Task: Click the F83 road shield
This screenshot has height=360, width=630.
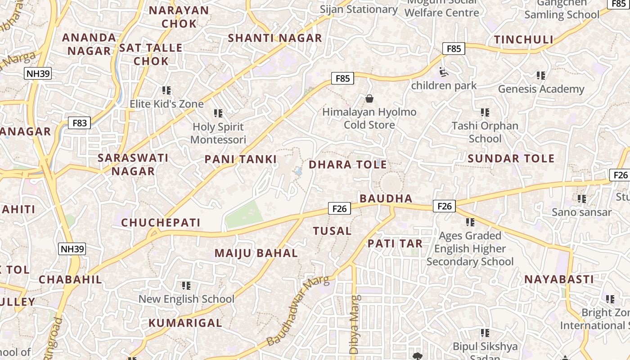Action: tap(79, 122)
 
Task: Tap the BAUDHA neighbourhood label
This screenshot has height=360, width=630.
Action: tap(386, 198)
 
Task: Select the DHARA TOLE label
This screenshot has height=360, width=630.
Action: tap(347, 164)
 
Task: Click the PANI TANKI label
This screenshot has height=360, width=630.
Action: tap(240, 159)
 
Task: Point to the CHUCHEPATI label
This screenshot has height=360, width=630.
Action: tap(161, 222)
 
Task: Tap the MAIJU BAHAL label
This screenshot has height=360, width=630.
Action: tap(256, 253)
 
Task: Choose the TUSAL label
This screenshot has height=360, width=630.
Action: tap(332, 231)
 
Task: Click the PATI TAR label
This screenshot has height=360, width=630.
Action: tap(395, 243)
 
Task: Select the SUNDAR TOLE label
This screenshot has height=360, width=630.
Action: tap(511, 158)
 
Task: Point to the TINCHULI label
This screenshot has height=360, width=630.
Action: tap(524, 40)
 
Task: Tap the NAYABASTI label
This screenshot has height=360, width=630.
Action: tap(559, 279)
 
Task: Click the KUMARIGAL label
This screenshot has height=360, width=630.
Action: tap(185, 323)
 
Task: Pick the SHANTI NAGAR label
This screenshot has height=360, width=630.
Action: tap(275, 38)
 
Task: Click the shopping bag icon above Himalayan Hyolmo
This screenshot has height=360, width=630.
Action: tap(369, 99)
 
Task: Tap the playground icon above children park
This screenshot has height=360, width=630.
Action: tap(443, 72)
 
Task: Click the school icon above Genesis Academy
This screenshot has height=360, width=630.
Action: tap(541, 76)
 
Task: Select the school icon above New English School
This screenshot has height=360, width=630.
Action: tap(186, 286)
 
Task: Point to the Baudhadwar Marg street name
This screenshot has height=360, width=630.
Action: tap(298, 312)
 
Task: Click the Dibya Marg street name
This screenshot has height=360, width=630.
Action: tap(355, 324)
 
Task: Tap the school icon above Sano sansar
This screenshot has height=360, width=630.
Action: tap(582, 198)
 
